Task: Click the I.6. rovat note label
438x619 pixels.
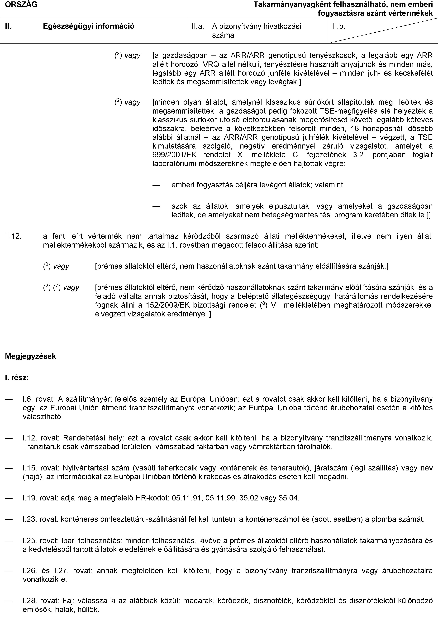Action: point(38,399)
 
